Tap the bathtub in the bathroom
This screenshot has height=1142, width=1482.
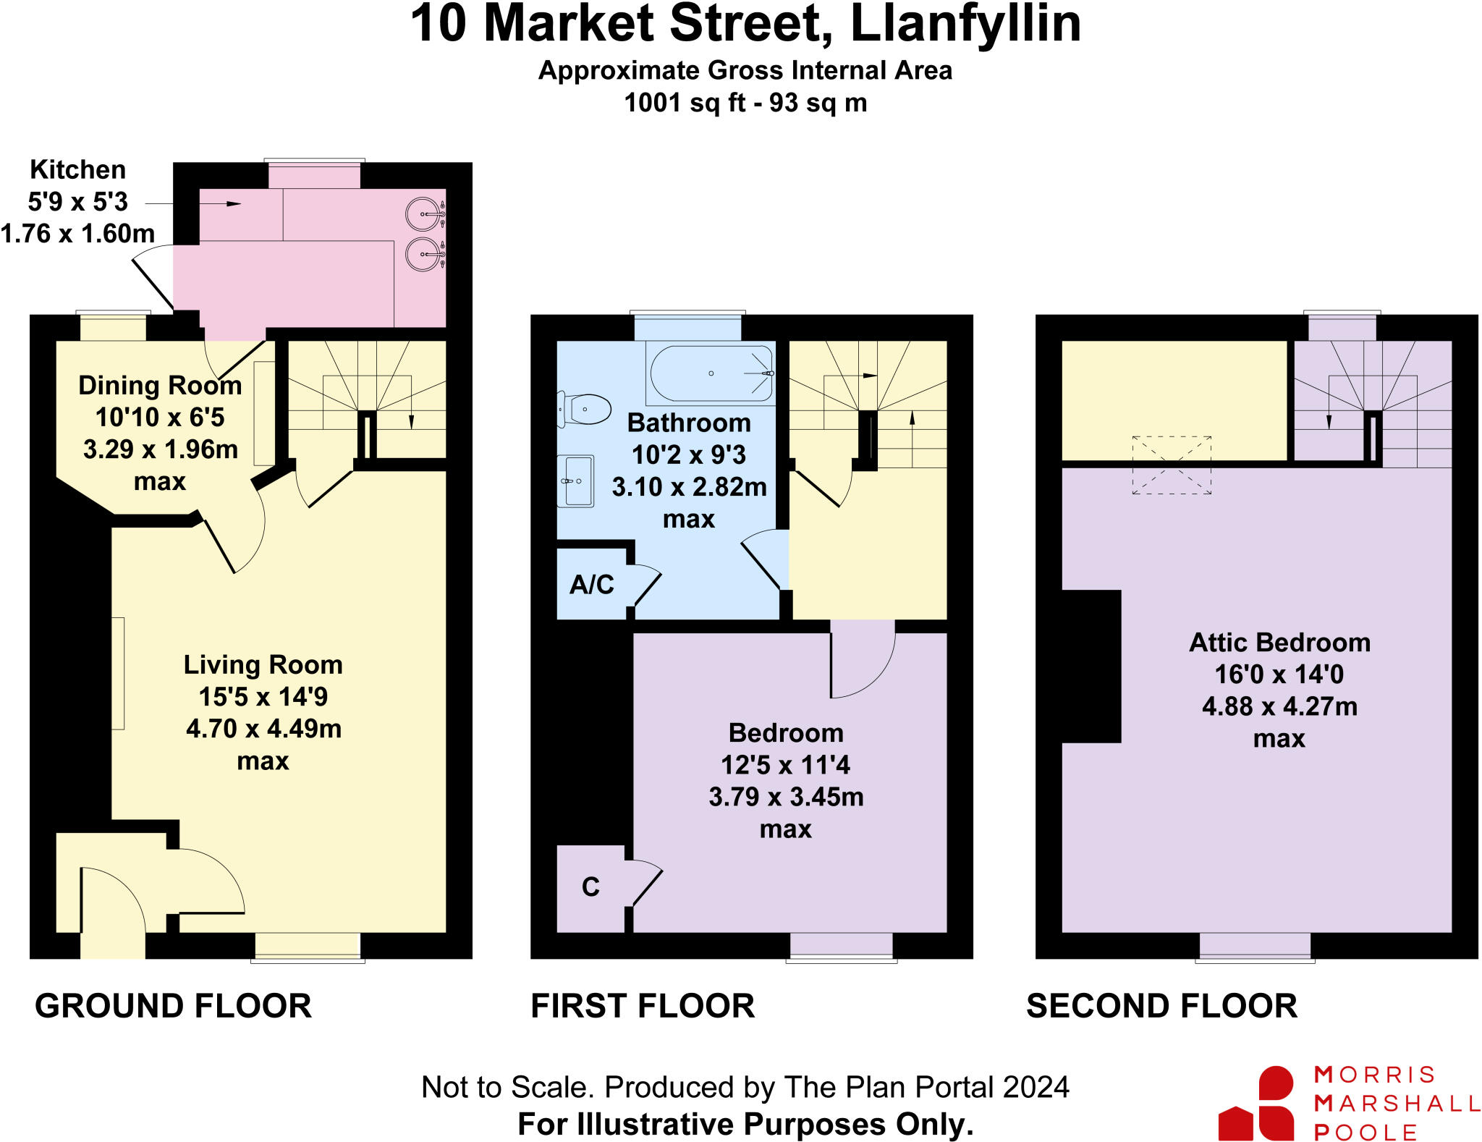(x=711, y=373)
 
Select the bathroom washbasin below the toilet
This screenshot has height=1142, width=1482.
(x=576, y=481)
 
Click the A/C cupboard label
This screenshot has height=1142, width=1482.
(x=592, y=584)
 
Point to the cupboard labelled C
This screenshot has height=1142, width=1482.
(x=590, y=887)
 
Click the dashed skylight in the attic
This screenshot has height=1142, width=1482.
(x=1172, y=465)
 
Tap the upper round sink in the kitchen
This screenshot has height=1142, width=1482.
(x=423, y=214)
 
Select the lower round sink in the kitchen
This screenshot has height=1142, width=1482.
(x=423, y=255)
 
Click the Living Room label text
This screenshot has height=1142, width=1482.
(x=263, y=664)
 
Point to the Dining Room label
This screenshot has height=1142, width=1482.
(x=160, y=385)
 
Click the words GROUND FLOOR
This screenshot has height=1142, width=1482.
(x=174, y=1006)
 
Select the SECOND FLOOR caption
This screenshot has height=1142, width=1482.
(x=1161, y=1006)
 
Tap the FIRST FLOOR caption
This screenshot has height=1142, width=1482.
(x=643, y=1006)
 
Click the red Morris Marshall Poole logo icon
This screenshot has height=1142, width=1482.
(x=1256, y=1103)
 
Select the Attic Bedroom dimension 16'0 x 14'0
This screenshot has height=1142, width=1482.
(x=1279, y=674)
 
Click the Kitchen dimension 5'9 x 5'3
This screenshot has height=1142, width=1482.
(x=78, y=201)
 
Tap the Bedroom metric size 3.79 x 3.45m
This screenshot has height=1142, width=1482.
(x=786, y=797)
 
